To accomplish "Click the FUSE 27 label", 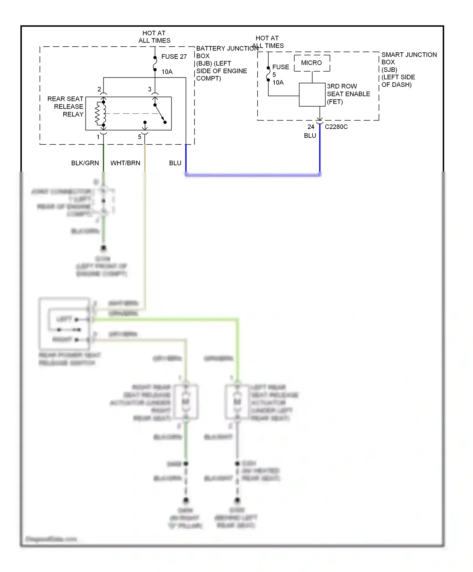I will (x=174, y=57).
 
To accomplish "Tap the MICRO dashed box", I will (x=312, y=63).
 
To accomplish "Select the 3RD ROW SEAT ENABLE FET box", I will (x=312, y=95).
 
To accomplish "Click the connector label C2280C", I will (x=336, y=127).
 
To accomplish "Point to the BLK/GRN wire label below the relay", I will (x=85, y=163).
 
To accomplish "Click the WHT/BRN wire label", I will (x=125, y=163).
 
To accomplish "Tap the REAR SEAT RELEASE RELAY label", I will (x=66, y=107).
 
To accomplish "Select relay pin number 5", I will (x=139, y=137).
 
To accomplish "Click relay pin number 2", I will (x=99, y=89).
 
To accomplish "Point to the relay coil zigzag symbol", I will (x=98, y=114).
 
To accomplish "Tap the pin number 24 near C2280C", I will (x=311, y=127).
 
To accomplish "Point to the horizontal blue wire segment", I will (x=252, y=174).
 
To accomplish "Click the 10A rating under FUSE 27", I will (x=167, y=72).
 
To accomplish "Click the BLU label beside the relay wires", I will (x=175, y=163).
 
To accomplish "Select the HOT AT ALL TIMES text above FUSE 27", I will (x=154, y=37).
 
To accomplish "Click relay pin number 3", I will (x=149, y=89).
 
